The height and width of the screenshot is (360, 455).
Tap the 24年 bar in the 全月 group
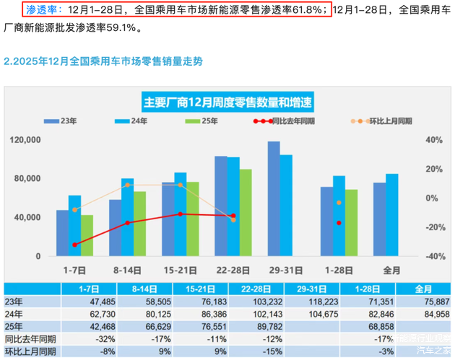391,215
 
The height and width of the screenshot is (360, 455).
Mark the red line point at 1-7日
75,245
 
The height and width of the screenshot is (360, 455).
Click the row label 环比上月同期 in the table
31,351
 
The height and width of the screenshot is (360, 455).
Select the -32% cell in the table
87,339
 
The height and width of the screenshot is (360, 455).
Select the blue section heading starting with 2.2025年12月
103,61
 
